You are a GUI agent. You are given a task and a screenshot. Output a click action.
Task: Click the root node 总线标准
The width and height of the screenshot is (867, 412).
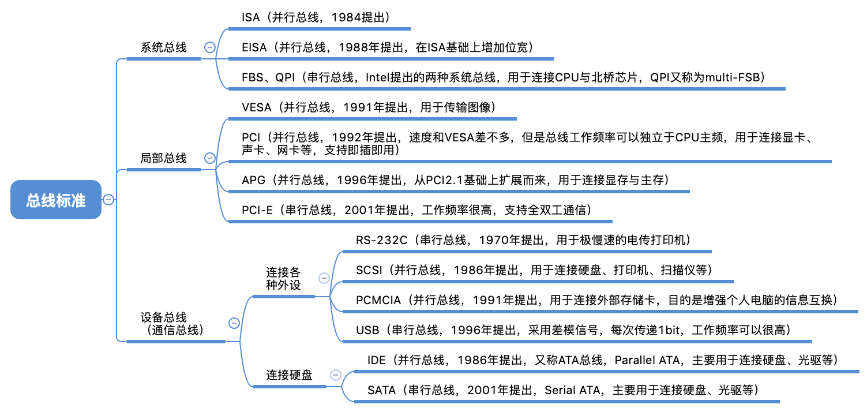[x=56, y=200]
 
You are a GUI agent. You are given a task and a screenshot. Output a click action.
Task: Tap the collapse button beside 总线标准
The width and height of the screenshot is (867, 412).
[x=108, y=200]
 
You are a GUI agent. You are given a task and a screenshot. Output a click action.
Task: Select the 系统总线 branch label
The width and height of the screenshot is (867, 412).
[x=164, y=48]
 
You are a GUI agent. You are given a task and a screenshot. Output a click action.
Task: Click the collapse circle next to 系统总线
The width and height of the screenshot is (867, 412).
[x=210, y=48]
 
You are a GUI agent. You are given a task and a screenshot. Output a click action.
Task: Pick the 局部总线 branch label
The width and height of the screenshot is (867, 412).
[x=164, y=158]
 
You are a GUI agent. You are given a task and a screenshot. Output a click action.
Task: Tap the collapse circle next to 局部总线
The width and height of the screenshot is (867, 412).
[x=210, y=158]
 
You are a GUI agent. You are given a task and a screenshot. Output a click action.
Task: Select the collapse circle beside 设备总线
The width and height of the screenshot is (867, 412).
[x=234, y=323]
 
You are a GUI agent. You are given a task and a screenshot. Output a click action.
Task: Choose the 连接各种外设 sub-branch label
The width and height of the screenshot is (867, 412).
[x=283, y=278]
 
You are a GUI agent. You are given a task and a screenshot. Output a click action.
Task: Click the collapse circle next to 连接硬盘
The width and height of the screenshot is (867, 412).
[x=335, y=375]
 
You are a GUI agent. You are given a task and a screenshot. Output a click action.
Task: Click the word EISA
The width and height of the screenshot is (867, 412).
[x=254, y=48]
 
